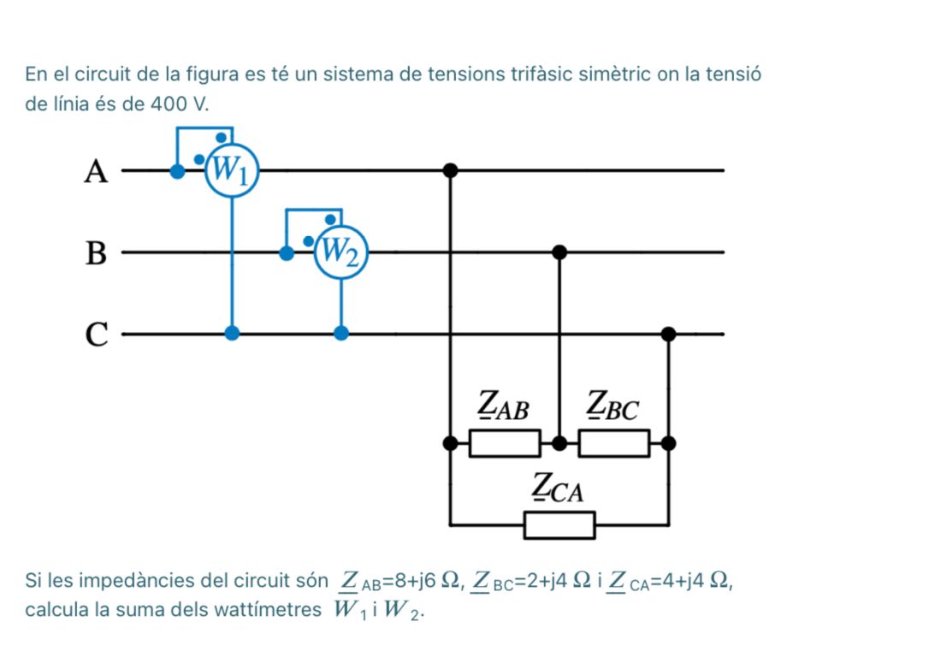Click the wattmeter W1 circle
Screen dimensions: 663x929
tap(231, 170)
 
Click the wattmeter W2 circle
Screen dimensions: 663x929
tap(340, 252)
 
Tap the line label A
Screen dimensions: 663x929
tap(97, 173)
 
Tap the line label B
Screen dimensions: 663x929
tap(97, 254)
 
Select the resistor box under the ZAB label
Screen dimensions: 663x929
tap(505, 443)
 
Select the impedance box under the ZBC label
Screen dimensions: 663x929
tap(613, 443)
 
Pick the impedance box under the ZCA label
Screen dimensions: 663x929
tap(559, 524)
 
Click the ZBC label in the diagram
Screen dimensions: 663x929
tap(612, 405)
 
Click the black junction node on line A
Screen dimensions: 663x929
tap(451, 170)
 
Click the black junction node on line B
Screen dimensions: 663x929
tap(559, 252)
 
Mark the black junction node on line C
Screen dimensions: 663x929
tap(669, 333)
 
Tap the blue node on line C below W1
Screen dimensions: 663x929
tap(231, 333)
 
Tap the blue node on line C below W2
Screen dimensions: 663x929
tap(340, 333)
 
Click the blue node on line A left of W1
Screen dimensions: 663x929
tap(177, 170)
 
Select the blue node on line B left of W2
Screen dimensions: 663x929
tap(287, 252)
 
